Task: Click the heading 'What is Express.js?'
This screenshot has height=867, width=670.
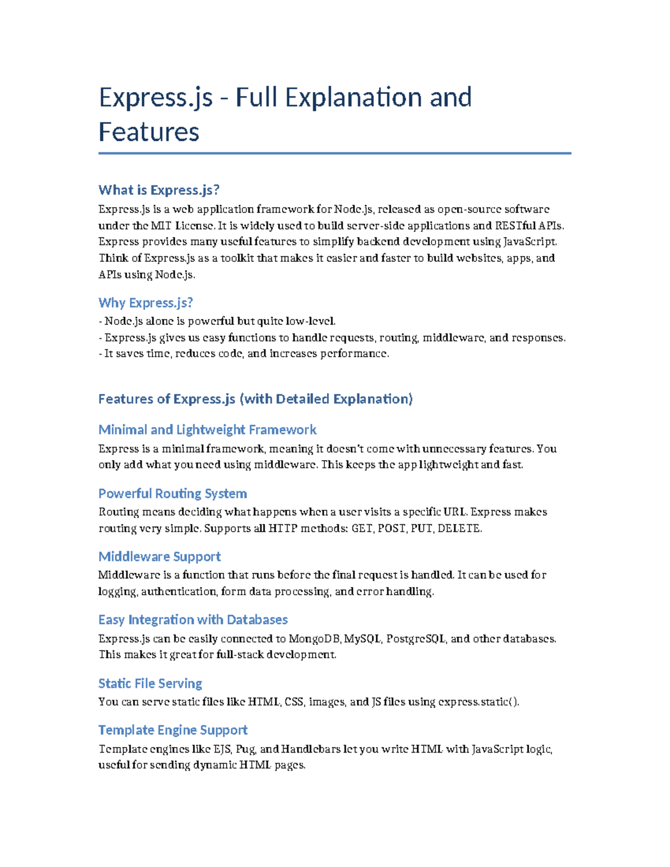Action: click(x=159, y=190)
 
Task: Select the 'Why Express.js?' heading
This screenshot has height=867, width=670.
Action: click(x=146, y=303)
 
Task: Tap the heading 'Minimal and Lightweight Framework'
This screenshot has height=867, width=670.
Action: click(x=207, y=429)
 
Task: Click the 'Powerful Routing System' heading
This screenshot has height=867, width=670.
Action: click(x=173, y=494)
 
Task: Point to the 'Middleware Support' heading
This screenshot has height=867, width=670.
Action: click(x=160, y=557)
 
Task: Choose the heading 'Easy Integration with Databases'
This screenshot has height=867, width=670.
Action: click(x=193, y=620)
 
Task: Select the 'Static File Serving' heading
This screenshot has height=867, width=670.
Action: click(x=150, y=683)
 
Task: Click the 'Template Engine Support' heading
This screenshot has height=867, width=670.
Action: click(x=173, y=730)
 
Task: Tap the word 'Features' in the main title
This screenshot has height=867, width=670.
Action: click(x=149, y=132)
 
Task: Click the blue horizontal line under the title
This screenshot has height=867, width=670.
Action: click(x=335, y=153)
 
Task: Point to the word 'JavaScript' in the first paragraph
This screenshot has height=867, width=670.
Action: click(x=529, y=242)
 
